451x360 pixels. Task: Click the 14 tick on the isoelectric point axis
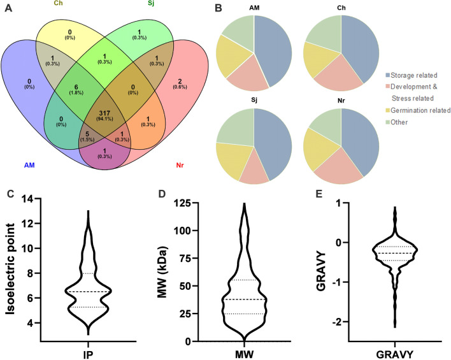(x=26, y=200)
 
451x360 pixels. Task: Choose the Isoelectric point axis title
(x=9, y=270)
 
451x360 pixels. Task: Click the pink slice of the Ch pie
(x=334, y=75)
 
